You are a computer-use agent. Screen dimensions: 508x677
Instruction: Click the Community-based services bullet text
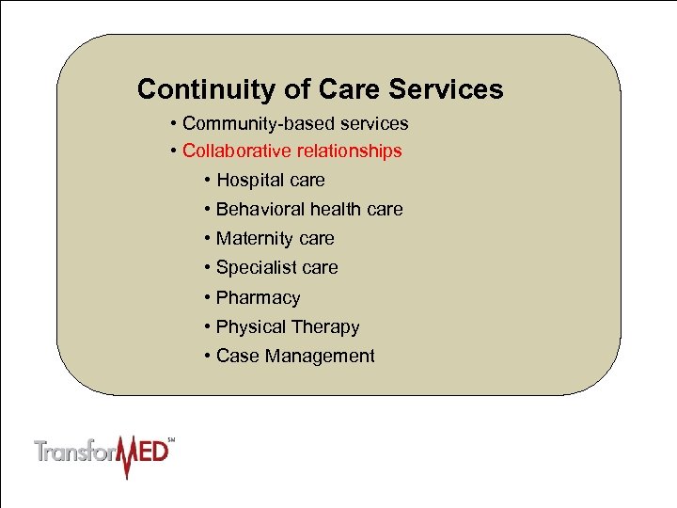coord(295,123)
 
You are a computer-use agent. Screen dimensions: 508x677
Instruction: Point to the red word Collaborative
coord(237,151)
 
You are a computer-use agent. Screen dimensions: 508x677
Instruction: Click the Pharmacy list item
coord(258,298)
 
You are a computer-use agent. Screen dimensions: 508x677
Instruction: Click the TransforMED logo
coord(104,452)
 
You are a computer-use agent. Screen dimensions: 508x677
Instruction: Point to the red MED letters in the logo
coord(147,452)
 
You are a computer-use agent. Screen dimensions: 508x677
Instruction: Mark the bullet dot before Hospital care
coord(206,181)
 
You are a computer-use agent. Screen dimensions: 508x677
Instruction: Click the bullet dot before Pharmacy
coord(206,298)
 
